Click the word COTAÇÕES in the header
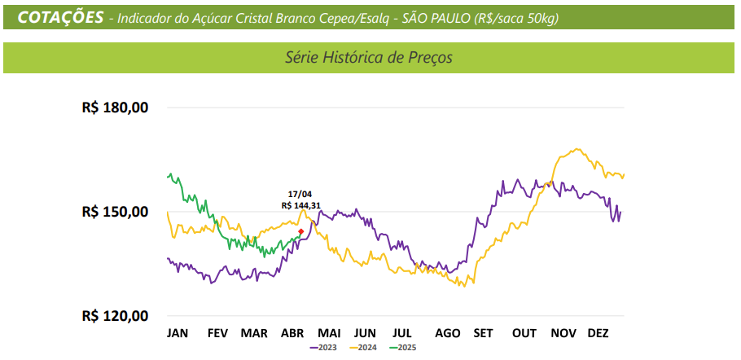59,17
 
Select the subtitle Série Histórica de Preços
369,58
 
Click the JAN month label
178,333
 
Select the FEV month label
217,333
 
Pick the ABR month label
292,333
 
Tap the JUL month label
402,333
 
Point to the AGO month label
448,333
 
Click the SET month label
483,333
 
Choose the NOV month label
563,333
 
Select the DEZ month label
598,333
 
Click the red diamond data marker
300,232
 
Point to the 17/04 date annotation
300,194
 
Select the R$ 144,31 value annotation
300,205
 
